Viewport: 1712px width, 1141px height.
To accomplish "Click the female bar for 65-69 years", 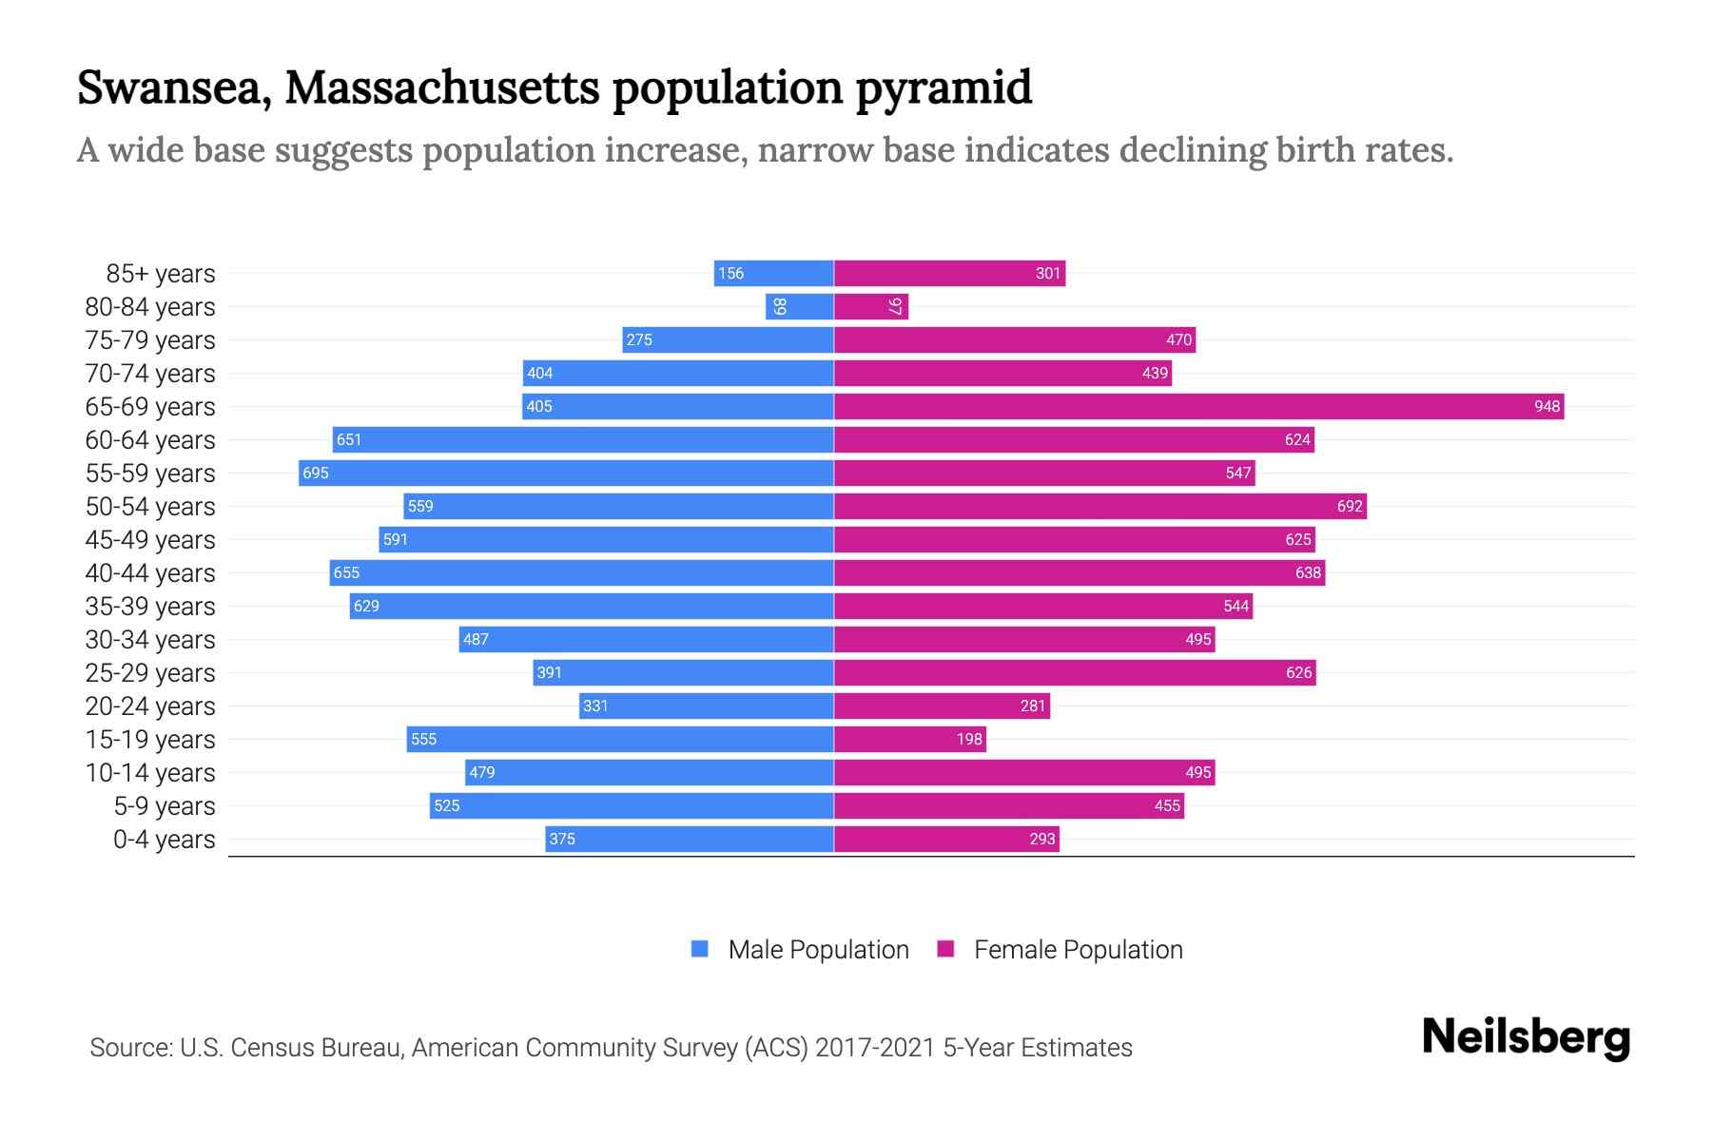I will (x=1198, y=407).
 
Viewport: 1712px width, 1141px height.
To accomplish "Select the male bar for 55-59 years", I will (x=566, y=474).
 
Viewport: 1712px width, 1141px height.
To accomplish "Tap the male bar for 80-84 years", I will (x=799, y=307).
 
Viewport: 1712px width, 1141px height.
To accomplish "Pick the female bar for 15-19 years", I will (x=909, y=740).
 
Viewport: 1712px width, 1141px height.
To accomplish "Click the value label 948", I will (x=1547, y=407).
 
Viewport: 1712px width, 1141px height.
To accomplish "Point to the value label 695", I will (x=316, y=474).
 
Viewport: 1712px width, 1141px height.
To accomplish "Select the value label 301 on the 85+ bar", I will (x=1047, y=274).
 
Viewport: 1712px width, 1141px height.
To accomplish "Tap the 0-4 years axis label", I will (x=164, y=840).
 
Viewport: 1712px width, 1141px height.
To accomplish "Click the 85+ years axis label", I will (x=160, y=274).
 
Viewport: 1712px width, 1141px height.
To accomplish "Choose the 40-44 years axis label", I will (x=150, y=573).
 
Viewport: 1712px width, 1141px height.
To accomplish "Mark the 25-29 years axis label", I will (x=150, y=673).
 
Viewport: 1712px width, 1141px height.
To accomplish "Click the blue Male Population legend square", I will (x=700, y=949).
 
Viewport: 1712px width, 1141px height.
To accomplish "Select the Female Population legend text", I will (x=1078, y=950).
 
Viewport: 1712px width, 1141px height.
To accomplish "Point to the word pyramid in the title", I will (x=943, y=88).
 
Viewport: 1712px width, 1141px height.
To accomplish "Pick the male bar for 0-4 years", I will (x=690, y=840).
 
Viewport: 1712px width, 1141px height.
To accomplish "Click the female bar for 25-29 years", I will (x=1075, y=673).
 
